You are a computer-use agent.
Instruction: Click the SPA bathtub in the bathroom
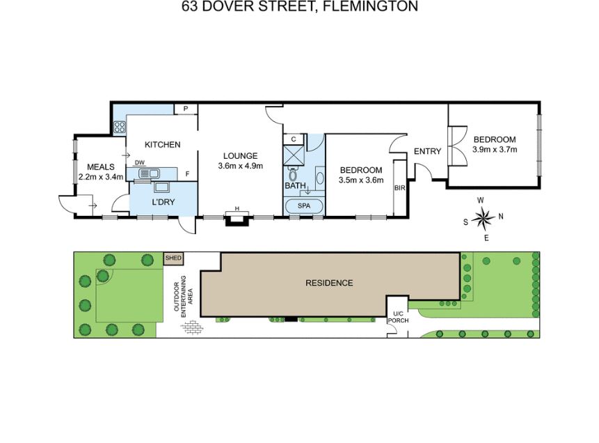(304, 205)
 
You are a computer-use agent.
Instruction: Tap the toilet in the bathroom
(293, 174)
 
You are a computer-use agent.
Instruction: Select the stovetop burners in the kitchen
(120, 127)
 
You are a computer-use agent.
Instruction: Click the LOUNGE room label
(240, 156)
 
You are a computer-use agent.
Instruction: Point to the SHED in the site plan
(173, 258)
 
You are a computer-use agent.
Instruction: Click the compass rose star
(484, 219)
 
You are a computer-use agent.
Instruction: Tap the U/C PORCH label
(398, 317)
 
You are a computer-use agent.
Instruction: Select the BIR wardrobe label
(399, 188)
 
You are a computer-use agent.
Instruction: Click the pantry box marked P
(186, 109)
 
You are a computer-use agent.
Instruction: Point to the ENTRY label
(427, 151)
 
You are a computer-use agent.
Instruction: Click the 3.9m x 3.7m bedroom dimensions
(495, 150)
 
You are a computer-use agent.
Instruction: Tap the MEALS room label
(101, 166)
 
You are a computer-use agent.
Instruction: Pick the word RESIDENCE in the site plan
(329, 283)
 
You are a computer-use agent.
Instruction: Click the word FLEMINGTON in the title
(371, 6)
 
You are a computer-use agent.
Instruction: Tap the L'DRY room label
(163, 202)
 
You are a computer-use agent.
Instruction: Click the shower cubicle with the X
(294, 156)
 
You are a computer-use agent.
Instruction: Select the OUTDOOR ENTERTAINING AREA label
(184, 293)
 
